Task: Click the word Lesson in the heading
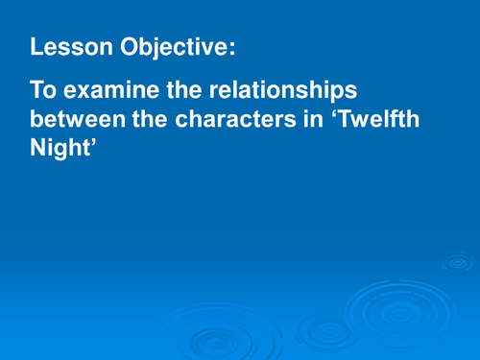coord(64,47)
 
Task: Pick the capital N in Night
coord(38,151)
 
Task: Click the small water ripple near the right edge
coord(457,261)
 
